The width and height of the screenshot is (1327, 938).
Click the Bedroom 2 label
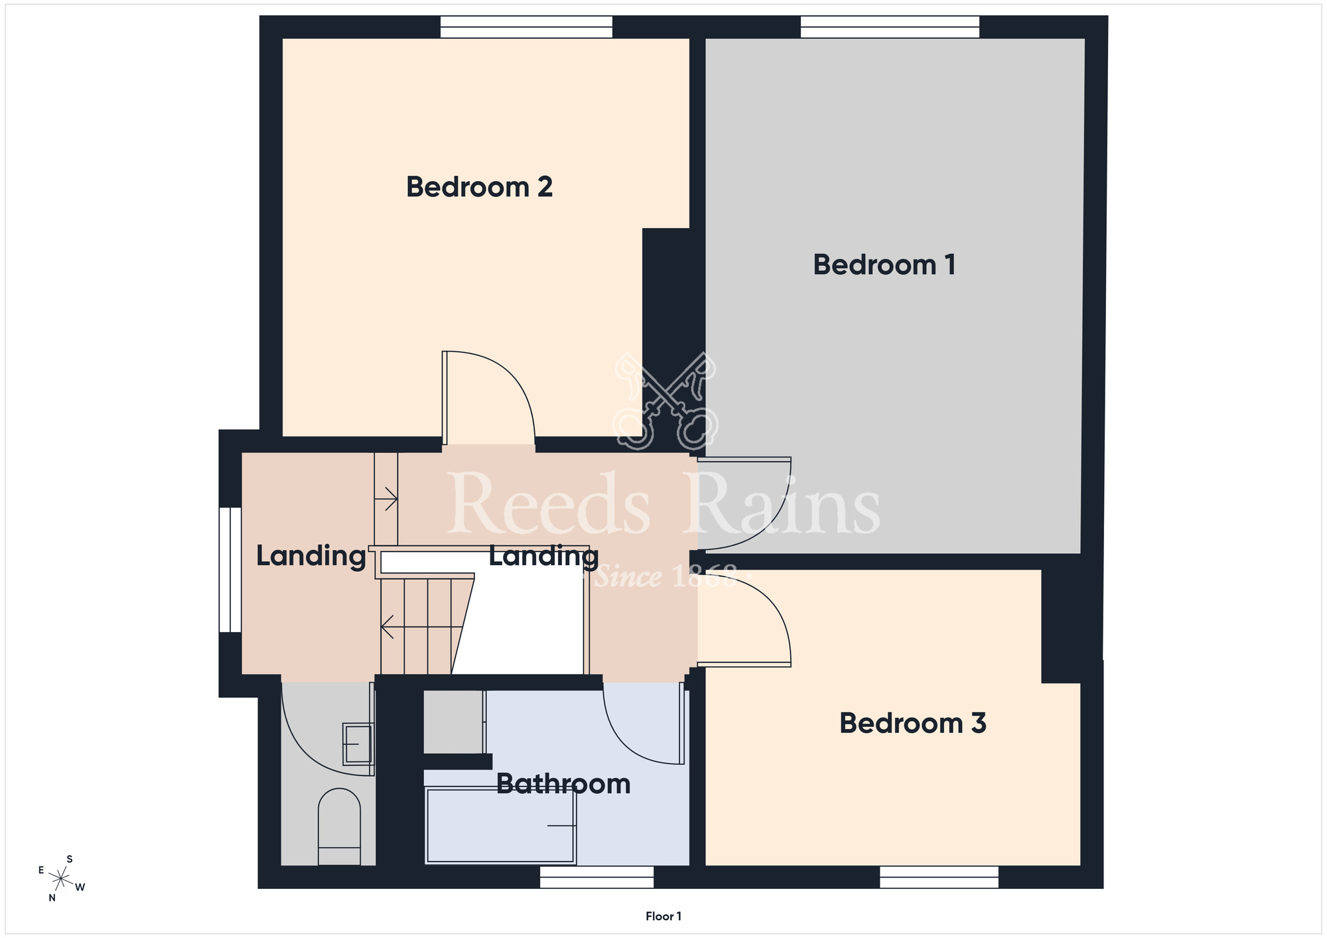479,187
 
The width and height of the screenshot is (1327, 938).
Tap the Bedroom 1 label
884,265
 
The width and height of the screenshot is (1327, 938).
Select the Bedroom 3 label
912,723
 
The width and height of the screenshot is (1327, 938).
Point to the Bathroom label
563,784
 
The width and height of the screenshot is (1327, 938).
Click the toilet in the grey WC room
339,827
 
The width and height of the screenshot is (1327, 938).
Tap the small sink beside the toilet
358,744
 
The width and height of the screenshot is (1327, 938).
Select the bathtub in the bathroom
500,825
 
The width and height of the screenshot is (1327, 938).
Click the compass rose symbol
61,879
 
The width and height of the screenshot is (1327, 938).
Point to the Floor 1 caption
663,916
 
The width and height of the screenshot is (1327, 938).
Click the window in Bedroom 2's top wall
526,27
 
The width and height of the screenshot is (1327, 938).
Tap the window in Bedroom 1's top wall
890,27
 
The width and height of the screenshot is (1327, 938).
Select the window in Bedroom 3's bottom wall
939,877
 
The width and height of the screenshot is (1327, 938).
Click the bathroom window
596,877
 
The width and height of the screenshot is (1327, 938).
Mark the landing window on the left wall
230,570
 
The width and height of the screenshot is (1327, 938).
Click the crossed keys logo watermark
665,401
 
